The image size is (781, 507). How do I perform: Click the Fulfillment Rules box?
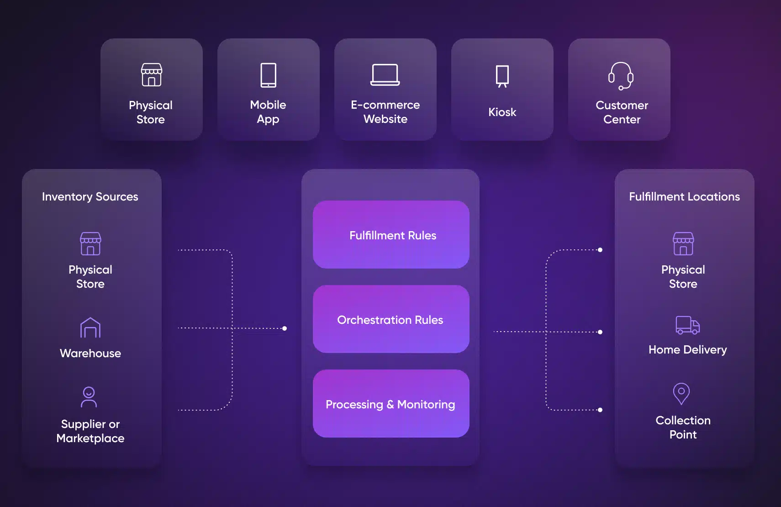click(391, 234)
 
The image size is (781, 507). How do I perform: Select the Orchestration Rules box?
click(391, 319)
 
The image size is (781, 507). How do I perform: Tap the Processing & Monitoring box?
click(391, 403)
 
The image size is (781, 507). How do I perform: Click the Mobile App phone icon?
click(268, 75)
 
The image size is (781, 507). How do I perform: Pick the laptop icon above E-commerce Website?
click(385, 75)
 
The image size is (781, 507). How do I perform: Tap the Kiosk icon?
click(502, 76)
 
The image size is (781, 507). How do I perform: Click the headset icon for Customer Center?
click(621, 76)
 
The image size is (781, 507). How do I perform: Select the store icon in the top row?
click(151, 75)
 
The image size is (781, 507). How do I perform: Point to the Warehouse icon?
click(90, 327)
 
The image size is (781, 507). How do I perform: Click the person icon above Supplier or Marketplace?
click(89, 397)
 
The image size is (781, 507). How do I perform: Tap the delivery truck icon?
click(687, 325)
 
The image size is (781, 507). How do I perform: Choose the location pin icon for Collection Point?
click(681, 393)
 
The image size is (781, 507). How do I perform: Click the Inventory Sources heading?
click(90, 197)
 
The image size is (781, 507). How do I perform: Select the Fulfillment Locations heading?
click(684, 197)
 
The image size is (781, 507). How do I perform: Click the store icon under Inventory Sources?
click(90, 243)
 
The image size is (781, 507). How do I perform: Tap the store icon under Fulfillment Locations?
click(683, 243)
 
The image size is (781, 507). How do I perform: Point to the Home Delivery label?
click(687, 350)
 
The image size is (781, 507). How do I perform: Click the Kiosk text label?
click(502, 112)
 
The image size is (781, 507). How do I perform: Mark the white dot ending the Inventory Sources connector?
click(285, 328)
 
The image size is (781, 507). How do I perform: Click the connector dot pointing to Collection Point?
click(600, 410)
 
